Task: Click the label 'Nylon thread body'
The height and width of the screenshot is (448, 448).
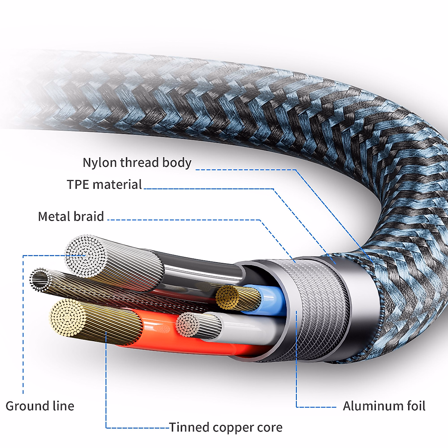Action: point(137,163)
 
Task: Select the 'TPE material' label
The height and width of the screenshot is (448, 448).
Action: point(104,184)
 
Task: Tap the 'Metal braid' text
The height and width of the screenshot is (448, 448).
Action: point(71,217)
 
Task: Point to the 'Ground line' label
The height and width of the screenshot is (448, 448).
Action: point(40,406)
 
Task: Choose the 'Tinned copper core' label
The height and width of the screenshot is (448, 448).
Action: point(226,427)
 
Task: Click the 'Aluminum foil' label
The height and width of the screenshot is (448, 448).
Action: point(384,406)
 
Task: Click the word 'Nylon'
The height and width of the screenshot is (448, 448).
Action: point(100,163)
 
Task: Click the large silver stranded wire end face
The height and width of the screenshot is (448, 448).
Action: point(85,256)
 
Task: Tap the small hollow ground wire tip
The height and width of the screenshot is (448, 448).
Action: point(40,279)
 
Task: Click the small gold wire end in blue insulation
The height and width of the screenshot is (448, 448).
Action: point(227,297)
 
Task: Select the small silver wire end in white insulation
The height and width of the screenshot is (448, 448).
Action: point(188,324)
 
